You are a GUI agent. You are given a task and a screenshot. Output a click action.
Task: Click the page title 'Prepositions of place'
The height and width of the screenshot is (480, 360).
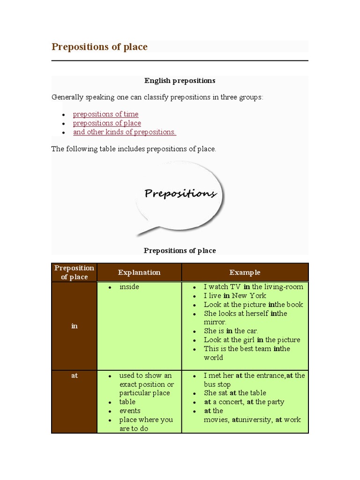click(99, 47)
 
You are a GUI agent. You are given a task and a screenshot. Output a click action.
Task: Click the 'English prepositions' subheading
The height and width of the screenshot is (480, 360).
click(180, 81)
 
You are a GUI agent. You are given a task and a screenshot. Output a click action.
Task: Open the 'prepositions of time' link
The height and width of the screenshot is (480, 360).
click(105, 114)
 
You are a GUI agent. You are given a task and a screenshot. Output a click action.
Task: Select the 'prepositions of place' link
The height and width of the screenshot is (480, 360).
click(107, 123)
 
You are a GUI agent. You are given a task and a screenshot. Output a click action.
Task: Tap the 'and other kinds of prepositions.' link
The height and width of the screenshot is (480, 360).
click(124, 132)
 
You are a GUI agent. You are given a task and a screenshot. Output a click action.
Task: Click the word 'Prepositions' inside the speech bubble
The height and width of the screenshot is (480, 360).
click(180, 194)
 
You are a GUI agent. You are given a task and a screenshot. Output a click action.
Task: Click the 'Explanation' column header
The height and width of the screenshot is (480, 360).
click(139, 272)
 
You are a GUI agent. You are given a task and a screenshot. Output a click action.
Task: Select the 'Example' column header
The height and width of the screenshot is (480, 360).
click(245, 272)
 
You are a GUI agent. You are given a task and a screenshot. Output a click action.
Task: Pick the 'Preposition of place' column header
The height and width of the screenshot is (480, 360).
click(74, 272)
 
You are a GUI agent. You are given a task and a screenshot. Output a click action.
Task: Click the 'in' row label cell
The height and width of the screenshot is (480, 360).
click(74, 326)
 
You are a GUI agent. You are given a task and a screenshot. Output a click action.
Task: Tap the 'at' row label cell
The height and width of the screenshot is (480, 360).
click(74, 375)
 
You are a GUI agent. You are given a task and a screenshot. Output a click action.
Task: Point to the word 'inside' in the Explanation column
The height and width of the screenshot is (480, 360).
click(129, 287)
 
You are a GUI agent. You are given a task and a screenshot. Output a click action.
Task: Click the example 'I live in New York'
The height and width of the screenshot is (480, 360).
click(235, 296)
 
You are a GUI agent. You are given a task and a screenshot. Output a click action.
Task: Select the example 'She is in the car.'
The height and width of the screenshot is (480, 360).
click(231, 331)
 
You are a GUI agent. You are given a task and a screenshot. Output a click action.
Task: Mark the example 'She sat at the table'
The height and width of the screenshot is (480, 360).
click(235, 393)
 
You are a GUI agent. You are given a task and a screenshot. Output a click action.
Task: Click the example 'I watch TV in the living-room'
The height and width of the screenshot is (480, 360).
click(253, 287)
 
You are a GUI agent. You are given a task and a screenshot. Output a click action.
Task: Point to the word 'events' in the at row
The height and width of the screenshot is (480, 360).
click(130, 411)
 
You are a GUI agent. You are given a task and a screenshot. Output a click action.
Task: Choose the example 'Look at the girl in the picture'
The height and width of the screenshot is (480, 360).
click(252, 340)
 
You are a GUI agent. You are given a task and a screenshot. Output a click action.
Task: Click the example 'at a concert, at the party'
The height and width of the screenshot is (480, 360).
click(244, 402)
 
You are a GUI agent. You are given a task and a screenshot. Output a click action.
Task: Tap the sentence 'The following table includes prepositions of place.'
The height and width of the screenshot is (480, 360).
click(134, 149)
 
